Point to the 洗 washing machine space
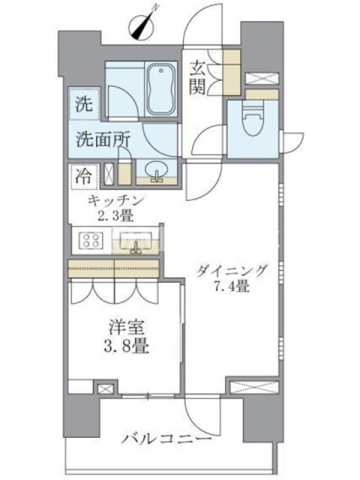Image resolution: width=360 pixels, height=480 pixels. [x=84, y=104]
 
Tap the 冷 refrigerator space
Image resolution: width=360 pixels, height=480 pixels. [x=84, y=176]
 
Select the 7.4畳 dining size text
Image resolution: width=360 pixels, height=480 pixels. [x=232, y=286]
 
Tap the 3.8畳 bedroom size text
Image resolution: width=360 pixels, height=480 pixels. [x=126, y=347]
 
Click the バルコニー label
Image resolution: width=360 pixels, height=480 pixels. [x=167, y=440]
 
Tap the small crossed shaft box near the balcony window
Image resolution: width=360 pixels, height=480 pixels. [x=106, y=389]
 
